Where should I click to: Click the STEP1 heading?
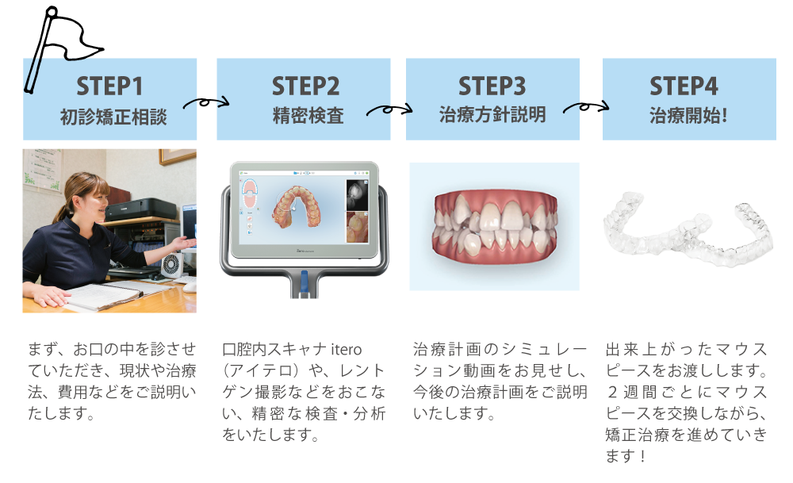pyautogui.click(x=109, y=86)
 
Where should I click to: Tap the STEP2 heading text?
pyautogui.click(x=305, y=86)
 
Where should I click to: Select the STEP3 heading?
pyautogui.click(x=492, y=86)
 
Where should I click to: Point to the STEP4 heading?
pyautogui.click(x=684, y=86)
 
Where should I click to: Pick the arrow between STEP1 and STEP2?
pyautogui.click(x=206, y=102)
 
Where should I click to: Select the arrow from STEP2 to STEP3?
pyautogui.click(x=389, y=109)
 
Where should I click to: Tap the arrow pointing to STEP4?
pyautogui.click(x=586, y=107)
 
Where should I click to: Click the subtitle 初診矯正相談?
pyautogui.click(x=113, y=117)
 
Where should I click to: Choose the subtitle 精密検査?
pyautogui.click(x=308, y=116)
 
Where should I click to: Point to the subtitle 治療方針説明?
pyautogui.click(x=492, y=114)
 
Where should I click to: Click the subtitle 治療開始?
pyautogui.click(x=688, y=116)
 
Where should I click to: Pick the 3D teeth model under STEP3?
pyautogui.click(x=495, y=226)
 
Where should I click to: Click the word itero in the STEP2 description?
pyautogui.click(x=347, y=350)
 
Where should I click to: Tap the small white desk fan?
pyautogui.click(x=170, y=265)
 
